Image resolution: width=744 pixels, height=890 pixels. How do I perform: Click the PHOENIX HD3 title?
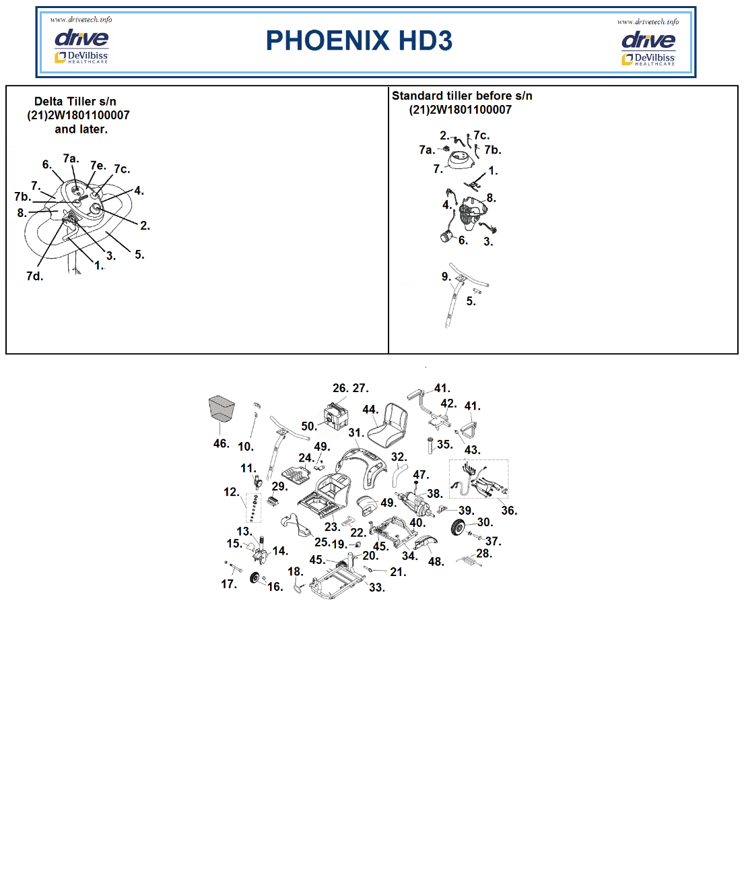click(x=359, y=40)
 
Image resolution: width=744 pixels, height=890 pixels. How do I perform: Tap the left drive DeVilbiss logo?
click(x=81, y=46)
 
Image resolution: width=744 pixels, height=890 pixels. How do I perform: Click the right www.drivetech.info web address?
click(x=648, y=22)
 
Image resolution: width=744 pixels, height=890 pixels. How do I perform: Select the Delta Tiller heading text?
click(x=78, y=115)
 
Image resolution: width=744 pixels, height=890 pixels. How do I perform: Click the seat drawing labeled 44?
click(x=387, y=424)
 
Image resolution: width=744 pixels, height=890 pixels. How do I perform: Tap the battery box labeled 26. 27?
click(x=337, y=416)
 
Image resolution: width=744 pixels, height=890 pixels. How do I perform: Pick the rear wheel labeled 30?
click(x=458, y=527)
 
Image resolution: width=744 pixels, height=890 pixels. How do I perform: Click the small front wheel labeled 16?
click(x=255, y=578)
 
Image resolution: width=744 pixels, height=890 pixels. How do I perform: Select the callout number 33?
click(x=376, y=587)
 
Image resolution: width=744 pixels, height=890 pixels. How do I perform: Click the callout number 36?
click(x=509, y=510)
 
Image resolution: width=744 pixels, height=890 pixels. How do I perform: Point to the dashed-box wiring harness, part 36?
click(x=479, y=479)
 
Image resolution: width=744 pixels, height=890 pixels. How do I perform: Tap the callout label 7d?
click(x=34, y=276)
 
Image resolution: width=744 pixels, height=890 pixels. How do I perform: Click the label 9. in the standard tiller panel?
click(x=446, y=277)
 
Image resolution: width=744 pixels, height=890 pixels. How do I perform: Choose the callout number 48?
click(x=436, y=561)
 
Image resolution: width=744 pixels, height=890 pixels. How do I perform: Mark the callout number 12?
click(x=232, y=492)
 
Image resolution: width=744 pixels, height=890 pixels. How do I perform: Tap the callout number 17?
click(x=229, y=584)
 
